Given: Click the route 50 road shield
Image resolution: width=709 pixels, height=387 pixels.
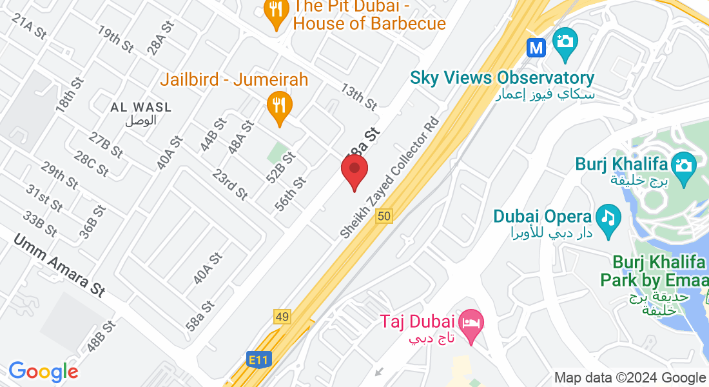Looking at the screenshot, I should [x=384, y=217].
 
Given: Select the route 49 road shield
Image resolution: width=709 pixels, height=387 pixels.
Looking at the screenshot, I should [x=282, y=317].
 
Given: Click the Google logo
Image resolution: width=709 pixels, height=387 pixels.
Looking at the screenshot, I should [x=43, y=372].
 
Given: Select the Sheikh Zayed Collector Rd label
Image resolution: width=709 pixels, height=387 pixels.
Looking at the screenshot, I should [x=391, y=177].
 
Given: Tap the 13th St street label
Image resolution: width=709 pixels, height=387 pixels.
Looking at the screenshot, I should [x=359, y=97].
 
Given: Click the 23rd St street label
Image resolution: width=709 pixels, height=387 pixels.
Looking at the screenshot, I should [x=230, y=184].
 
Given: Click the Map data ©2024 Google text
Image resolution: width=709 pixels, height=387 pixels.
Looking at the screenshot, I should [x=630, y=378].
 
